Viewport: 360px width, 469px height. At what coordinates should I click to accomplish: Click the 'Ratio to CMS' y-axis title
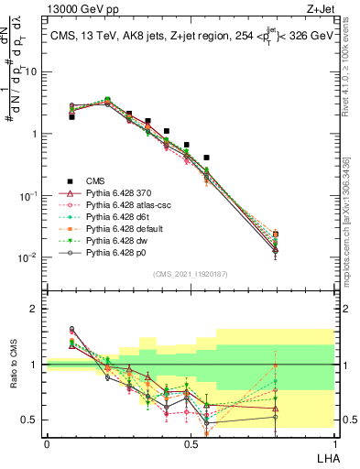click(23, 365)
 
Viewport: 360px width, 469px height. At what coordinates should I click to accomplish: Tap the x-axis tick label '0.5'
click(191, 444)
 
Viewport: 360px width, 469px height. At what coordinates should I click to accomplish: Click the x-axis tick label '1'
click(334, 444)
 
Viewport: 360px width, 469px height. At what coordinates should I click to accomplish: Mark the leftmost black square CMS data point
click(71, 116)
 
